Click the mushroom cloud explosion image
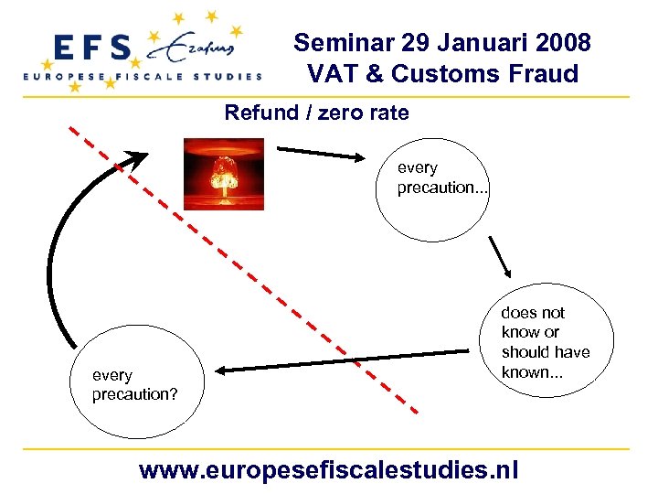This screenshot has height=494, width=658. tap(223, 174)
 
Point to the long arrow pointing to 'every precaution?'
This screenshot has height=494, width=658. tap(347, 360)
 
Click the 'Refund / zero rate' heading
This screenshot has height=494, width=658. tap(316, 113)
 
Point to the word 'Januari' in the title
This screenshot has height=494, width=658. tap(465, 43)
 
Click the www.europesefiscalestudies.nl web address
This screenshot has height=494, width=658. tap(328, 470)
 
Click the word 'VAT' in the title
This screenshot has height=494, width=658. tap(333, 73)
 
